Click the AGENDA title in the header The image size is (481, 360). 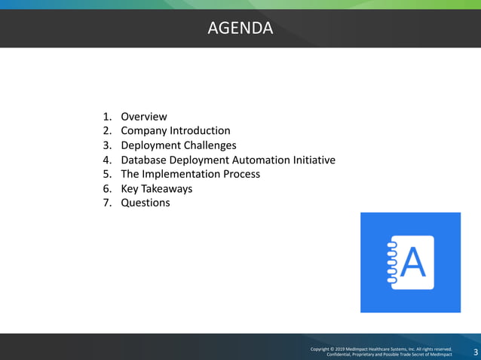pyautogui.click(x=240, y=29)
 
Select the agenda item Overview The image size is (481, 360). pyautogui.click(x=144, y=117)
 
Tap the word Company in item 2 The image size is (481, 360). pyautogui.click(x=144, y=131)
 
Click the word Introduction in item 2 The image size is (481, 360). pyautogui.click(x=200, y=131)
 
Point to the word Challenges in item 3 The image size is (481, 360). pyautogui.click(x=210, y=145)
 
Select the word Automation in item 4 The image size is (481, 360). pyautogui.click(x=256, y=160)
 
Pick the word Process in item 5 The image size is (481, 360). pyautogui.click(x=239, y=174)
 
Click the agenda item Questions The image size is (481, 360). pyautogui.click(x=146, y=203)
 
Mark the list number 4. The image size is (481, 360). pyautogui.click(x=106, y=160)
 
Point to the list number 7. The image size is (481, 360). pyautogui.click(x=106, y=203)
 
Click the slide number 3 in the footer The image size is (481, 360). pyautogui.click(x=475, y=353)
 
